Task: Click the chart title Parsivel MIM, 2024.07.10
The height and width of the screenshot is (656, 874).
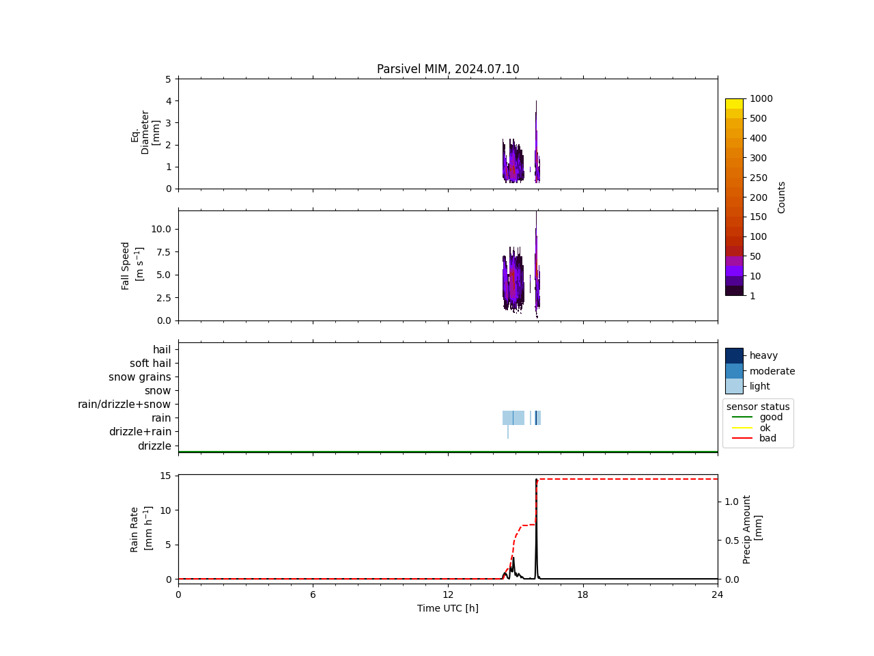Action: (x=448, y=69)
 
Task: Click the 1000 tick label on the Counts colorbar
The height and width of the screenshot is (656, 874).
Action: (x=761, y=99)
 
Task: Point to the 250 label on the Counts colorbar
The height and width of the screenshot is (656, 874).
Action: (x=758, y=178)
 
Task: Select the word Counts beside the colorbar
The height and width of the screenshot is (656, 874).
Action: (x=782, y=197)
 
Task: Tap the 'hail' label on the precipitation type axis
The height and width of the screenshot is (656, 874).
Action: (x=162, y=350)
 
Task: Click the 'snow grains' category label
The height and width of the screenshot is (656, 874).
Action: (x=140, y=377)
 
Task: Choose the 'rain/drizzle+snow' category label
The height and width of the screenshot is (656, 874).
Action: (x=124, y=405)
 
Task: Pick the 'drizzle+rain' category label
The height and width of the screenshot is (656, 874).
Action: (x=140, y=432)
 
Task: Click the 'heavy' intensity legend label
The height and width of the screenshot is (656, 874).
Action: (x=763, y=355)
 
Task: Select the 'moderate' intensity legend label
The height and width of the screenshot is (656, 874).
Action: (x=772, y=371)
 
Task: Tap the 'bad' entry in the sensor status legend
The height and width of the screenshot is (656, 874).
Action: (x=767, y=439)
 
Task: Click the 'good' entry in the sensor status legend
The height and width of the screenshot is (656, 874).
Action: (x=771, y=418)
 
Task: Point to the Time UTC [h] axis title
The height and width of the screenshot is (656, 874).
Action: (x=448, y=608)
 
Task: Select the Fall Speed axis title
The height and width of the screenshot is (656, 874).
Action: (x=130, y=266)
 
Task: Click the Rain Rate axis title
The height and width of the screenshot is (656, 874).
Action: (x=139, y=529)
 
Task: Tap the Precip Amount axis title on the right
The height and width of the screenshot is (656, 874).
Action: (x=752, y=529)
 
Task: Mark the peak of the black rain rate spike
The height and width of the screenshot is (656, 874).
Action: (x=536, y=480)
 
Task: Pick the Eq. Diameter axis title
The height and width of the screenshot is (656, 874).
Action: (x=145, y=132)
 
